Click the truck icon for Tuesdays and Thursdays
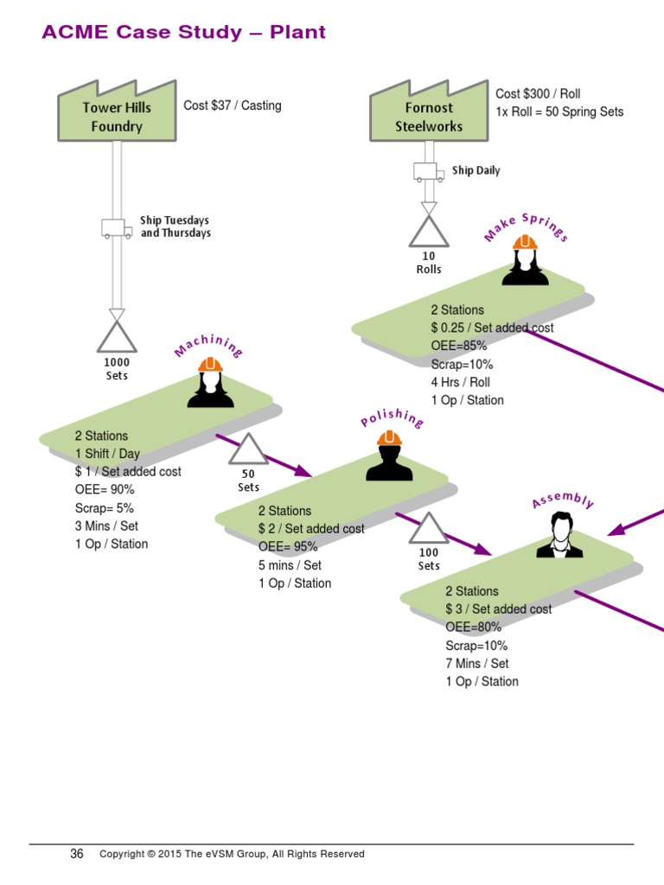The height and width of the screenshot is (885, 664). pyautogui.click(x=117, y=228)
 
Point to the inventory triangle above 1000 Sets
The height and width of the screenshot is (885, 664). pyautogui.click(x=117, y=337)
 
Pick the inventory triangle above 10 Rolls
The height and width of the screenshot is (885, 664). pyautogui.click(x=429, y=231)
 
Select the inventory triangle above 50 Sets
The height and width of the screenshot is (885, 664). pyautogui.click(x=248, y=450)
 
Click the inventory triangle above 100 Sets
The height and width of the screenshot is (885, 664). pyautogui.click(x=429, y=529)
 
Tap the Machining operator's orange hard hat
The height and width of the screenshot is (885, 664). pyautogui.click(x=210, y=365)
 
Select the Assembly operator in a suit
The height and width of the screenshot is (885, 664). pyautogui.click(x=559, y=535)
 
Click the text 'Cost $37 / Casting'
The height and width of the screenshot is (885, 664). pyautogui.click(x=232, y=105)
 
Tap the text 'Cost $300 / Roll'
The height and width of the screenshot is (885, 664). pyautogui.click(x=538, y=93)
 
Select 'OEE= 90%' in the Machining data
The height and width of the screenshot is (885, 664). pyautogui.click(x=105, y=490)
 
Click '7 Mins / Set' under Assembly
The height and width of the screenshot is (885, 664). pyautogui.click(x=476, y=664)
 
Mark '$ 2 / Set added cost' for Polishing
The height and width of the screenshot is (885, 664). pyautogui.click(x=310, y=529)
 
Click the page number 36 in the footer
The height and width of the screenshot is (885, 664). pyautogui.click(x=77, y=854)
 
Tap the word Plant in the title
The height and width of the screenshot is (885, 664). pyautogui.click(x=297, y=33)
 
